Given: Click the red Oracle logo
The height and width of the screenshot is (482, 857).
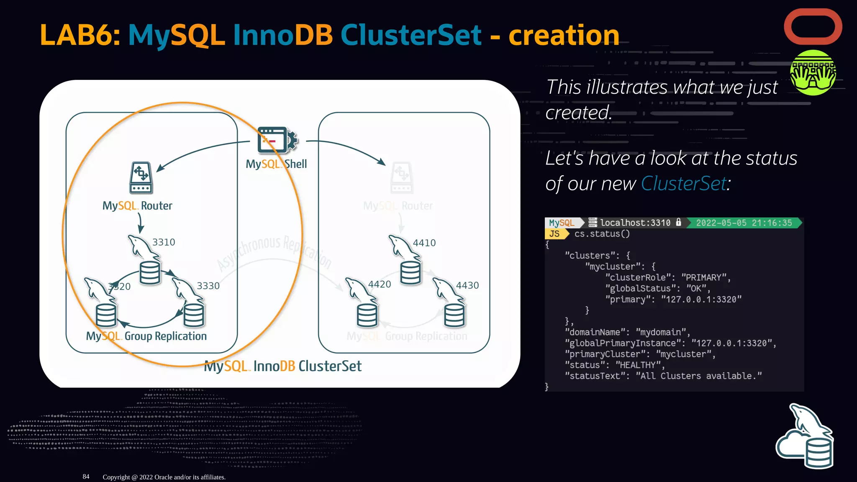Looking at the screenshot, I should tap(813, 27).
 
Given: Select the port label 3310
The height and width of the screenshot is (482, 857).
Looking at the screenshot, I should tap(164, 242).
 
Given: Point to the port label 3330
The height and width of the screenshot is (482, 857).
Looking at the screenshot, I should tap(208, 286).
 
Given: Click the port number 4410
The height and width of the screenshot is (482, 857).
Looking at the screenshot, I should tap(424, 243).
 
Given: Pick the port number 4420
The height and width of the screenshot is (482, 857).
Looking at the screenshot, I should tap(379, 285).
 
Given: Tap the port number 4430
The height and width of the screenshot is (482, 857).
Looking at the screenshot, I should tap(467, 285).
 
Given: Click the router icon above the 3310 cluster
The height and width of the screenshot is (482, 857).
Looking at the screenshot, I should tap(141, 178).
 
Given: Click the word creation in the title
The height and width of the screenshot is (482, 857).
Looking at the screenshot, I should tap(564, 35).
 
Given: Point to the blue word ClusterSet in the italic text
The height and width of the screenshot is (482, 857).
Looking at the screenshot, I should tap(684, 184).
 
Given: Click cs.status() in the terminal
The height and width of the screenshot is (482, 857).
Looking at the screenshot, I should tap(602, 234).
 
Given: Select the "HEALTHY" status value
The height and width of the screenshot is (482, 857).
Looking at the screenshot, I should tap(637, 365).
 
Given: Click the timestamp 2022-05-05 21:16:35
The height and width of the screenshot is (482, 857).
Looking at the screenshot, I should tap(744, 223).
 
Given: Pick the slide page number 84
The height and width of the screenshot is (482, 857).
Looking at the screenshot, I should tap(86, 477).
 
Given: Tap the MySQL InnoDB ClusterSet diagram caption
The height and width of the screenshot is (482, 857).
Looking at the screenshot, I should tap(282, 367).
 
